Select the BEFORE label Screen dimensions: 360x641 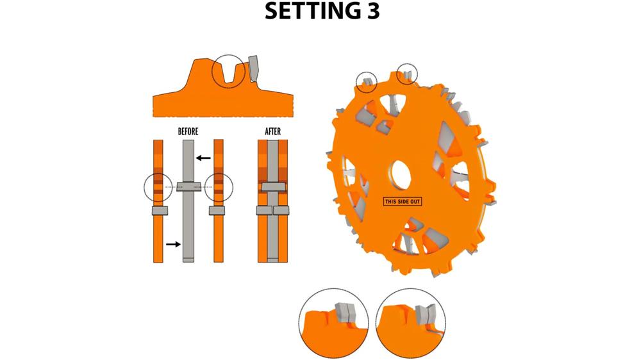[x=188, y=131]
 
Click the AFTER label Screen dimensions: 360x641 [x=273, y=131]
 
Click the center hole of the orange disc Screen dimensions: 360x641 [x=400, y=174]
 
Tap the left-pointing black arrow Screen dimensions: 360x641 [x=203, y=158]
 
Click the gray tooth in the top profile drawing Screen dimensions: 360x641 [x=253, y=69]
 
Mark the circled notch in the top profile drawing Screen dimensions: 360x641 [x=228, y=72]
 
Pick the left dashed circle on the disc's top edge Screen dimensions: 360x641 [x=367, y=81]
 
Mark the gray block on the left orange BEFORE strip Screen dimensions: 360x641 [x=158, y=210]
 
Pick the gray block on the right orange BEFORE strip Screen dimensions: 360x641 [x=218, y=210]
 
